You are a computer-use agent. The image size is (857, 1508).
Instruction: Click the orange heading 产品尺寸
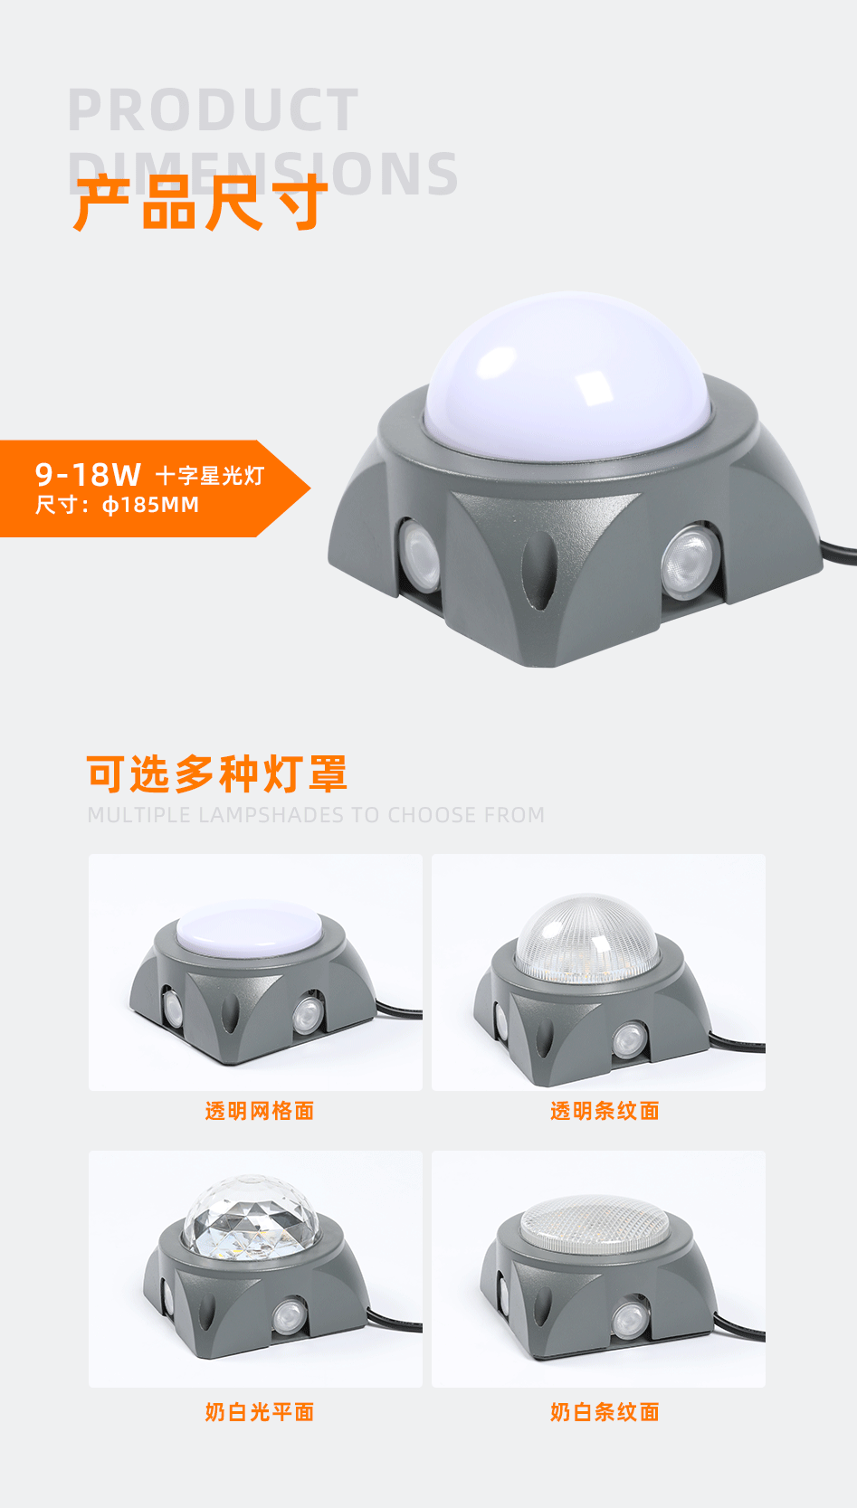click(x=200, y=203)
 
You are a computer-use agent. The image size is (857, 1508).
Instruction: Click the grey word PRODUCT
click(x=214, y=111)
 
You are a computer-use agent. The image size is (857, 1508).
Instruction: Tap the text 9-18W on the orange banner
click(x=88, y=474)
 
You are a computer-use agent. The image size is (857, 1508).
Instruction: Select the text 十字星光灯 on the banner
click(x=210, y=476)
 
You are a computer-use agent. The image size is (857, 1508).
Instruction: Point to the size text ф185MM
click(x=150, y=505)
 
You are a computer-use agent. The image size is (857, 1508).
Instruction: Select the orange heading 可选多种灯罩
click(x=217, y=775)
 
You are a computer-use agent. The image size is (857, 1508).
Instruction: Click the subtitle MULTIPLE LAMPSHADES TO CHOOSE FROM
click(x=316, y=815)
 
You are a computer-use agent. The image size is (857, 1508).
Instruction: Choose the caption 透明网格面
click(x=259, y=1111)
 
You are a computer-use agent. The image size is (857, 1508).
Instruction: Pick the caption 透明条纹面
click(x=605, y=1111)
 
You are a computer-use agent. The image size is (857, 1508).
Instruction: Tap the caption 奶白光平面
click(x=259, y=1412)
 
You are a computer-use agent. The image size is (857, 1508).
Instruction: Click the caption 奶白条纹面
click(x=605, y=1412)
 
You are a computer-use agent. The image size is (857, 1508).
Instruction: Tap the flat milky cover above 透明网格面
click(x=249, y=928)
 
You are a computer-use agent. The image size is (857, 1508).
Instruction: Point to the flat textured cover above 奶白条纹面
click(x=595, y=1222)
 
